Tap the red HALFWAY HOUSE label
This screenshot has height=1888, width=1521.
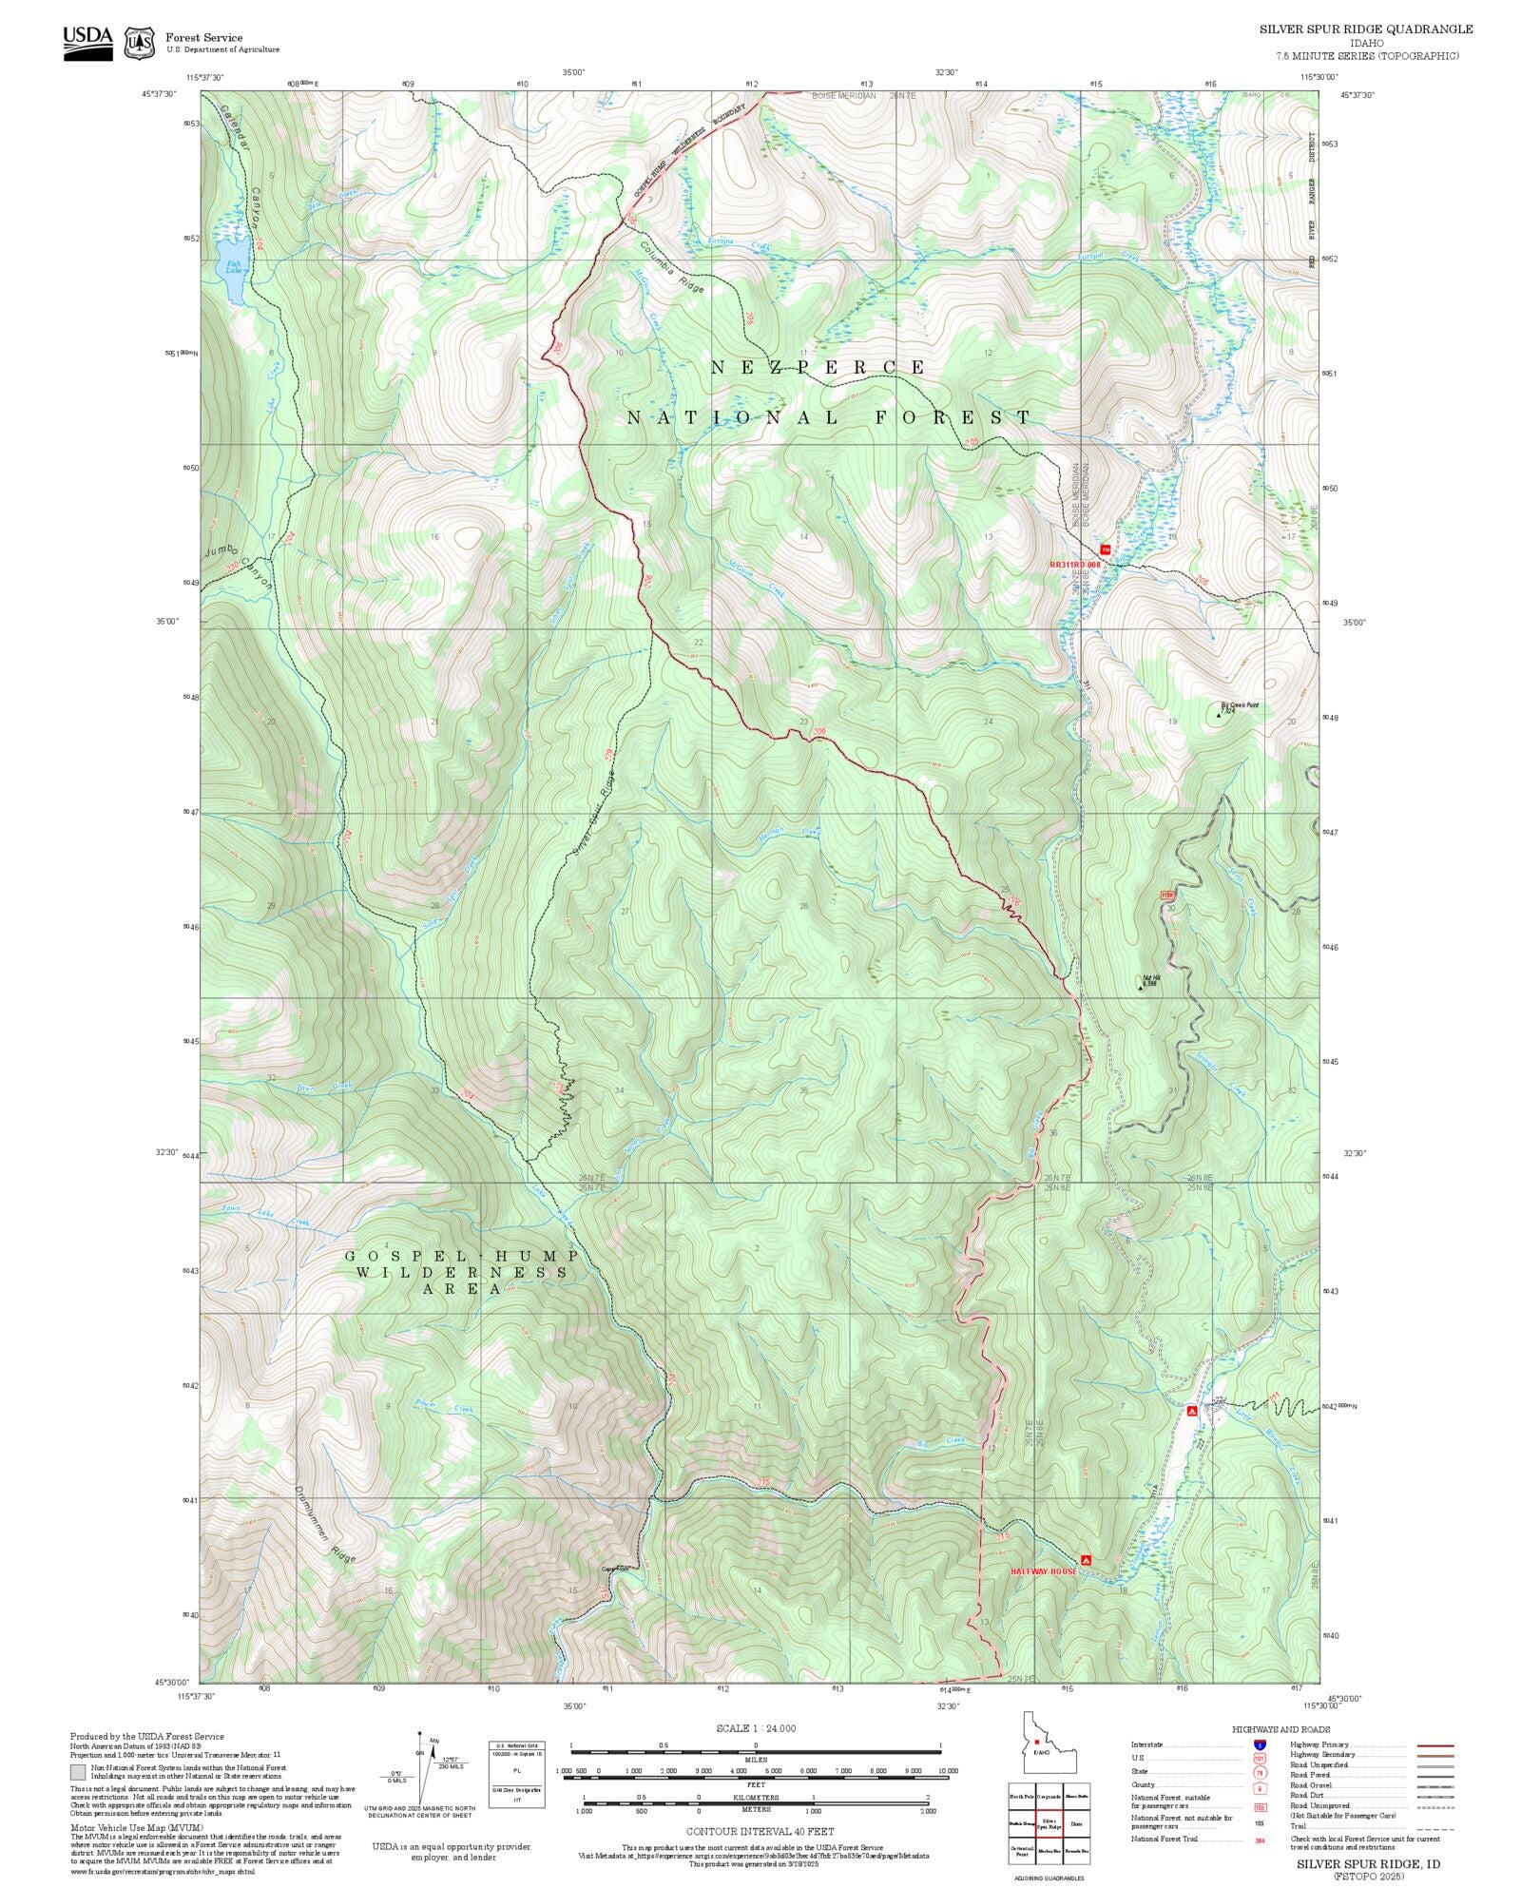(1043, 1571)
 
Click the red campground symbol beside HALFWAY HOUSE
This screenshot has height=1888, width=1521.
(1086, 1560)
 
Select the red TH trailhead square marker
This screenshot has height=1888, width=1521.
(1105, 549)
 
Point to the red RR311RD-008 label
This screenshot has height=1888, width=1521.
(1074, 565)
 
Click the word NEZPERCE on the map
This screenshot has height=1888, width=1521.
(818, 367)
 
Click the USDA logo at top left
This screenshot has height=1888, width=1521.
(87, 43)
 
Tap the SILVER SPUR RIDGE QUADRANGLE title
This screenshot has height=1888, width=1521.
(1366, 29)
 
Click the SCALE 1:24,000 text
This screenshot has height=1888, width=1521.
(756, 1728)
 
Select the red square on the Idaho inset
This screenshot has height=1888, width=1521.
(1036, 1743)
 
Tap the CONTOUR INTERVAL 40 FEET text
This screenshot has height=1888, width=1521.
(760, 1831)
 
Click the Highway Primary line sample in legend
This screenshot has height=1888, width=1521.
(1434, 1745)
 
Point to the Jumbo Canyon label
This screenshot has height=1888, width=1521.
(239, 567)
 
